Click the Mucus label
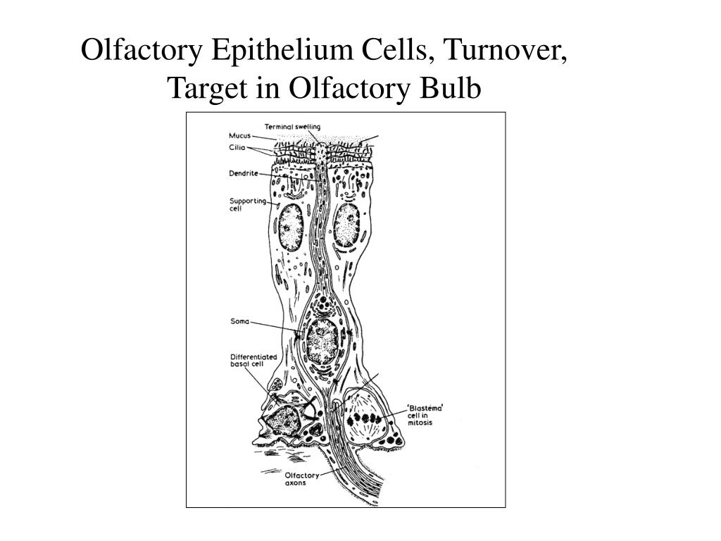click(240, 136)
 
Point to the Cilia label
click(237, 148)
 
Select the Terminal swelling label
click(292, 127)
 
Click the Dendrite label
click(243, 173)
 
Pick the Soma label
click(240, 322)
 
